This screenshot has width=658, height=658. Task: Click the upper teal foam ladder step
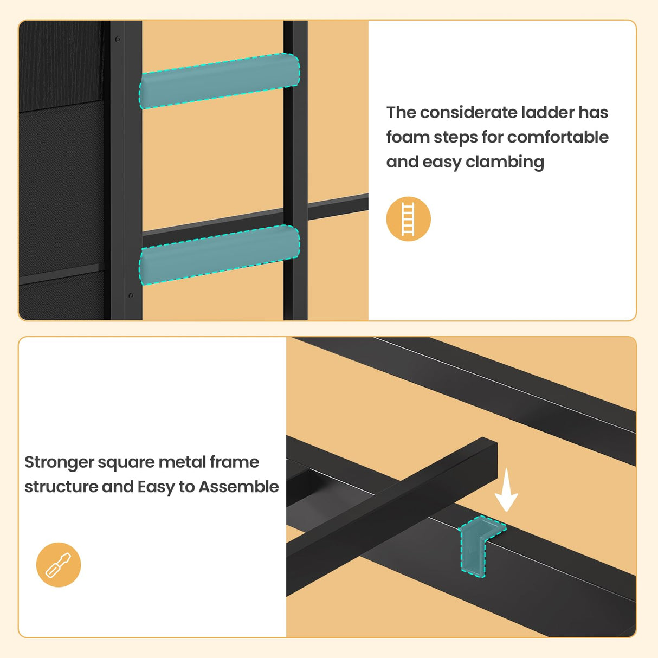pyautogui.click(x=219, y=81)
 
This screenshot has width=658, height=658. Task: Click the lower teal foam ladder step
pyautogui.click(x=219, y=254)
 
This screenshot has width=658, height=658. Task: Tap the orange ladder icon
pyautogui.click(x=408, y=219)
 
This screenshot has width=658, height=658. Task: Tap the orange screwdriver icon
pyautogui.click(x=59, y=564)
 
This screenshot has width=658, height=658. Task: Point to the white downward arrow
pyautogui.click(x=506, y=490)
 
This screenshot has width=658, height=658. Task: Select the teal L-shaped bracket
pyautogui.click(x=479, y=545)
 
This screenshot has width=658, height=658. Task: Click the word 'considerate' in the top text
pyautogui.click(x=469, y=113)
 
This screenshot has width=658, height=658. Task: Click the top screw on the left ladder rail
pyautogui.click(x=118, y=40)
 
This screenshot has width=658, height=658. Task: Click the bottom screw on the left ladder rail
pyautogui.click(x=131, y=295)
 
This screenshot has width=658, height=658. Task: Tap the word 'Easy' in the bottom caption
pyautogui.click(x=156, y=487)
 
